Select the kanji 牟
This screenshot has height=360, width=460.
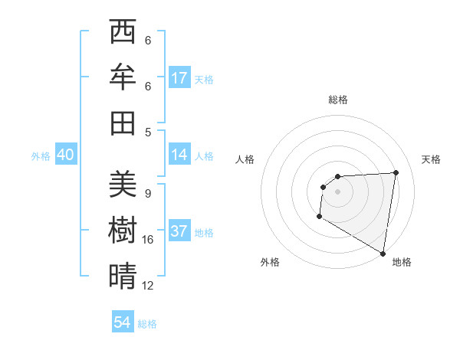(x=123, y=77)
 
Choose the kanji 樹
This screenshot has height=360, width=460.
(x=123, y=231)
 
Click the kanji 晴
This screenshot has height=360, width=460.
(x=123, y=275)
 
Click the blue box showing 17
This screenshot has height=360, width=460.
(x=179, y=78)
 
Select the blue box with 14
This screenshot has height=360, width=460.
(x=179, y=155)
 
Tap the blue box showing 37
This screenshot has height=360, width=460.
(x=179, y=231)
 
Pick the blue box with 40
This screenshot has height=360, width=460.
(x=65, y=155)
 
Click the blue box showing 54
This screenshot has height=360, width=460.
(x=123, y=322)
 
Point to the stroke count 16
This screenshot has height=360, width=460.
(x=148, y=240)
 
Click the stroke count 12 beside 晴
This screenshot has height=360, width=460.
(x=148, y=286)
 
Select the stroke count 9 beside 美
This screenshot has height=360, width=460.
(x=147, y=194)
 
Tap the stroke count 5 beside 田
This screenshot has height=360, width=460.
(x=147, y=132)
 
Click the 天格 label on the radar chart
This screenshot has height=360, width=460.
(x=432, y=159)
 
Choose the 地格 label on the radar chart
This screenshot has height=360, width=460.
(x=402, y=262)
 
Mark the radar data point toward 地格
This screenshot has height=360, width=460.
(x=383, y=253)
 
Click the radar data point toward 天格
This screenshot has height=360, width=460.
(x=396, y=172)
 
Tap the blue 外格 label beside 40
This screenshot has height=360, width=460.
(x=41, y=155)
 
